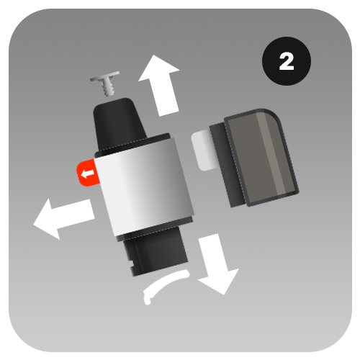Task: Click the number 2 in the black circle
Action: tap(287, 61)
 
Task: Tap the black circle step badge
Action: tap(287, 61)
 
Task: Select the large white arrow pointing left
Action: tap(63, 219)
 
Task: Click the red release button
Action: tap(88, 173)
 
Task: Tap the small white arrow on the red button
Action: tap(87, 174)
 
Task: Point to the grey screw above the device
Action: tap(106, 83)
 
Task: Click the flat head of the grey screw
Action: tap(105, 76)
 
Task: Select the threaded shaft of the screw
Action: tap(108, 88)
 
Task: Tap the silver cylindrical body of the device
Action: tap(144, 187)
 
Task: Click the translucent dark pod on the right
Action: tap(261, 157)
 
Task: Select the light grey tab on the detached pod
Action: tap(203, 150)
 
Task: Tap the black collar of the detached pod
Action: tap(227, 166)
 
